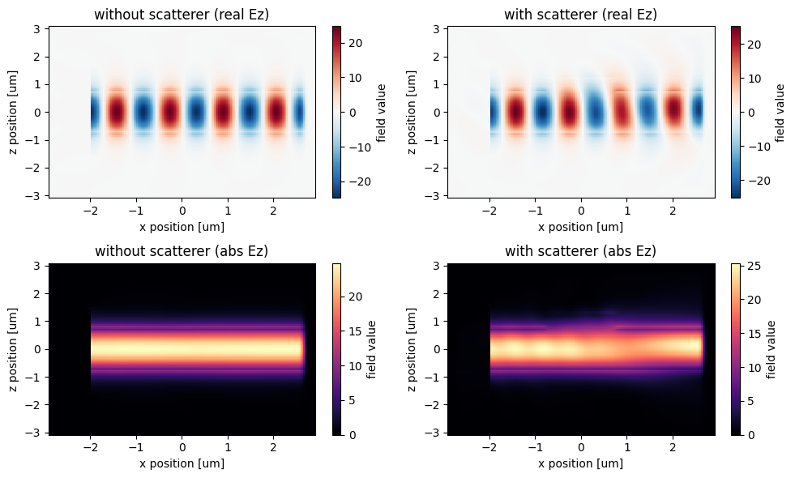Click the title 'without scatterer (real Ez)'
(x=182, y=15)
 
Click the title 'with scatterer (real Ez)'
(x=580, y=15)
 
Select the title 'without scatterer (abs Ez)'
(x=182, y=252)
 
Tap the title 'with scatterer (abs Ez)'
(x=580, y=252)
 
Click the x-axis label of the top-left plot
(x=182, y=226)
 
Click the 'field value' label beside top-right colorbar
(x=780, y=112)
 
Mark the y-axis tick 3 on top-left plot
(x=38, y=29)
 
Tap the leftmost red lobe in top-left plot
(x=116, y=112)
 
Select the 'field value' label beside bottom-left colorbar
(x=372, y=349)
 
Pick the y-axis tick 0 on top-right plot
(x=437, y=113)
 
